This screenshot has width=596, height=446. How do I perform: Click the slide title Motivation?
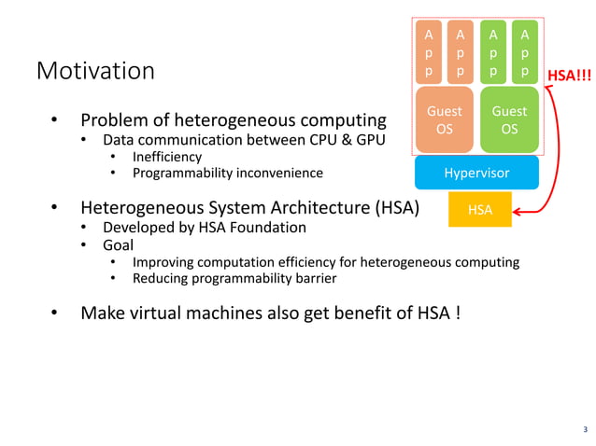click(x=95, y=71)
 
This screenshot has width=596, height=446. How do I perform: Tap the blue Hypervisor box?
click(x=476, y=173)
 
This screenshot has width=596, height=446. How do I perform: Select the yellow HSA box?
click(x=480, y=211)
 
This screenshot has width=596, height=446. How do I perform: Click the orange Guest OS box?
click(x=445, y=119)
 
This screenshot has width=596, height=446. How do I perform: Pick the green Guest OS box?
click(x=509, y=119)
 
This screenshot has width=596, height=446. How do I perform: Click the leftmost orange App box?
click(x=429, y=51)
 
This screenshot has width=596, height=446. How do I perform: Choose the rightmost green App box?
click(x=525, y=51)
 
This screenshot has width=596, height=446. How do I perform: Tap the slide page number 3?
click(x=585, y=430)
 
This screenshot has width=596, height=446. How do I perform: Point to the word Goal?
click(x=117, y=245)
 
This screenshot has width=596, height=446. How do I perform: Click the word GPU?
click(x=367, y=140)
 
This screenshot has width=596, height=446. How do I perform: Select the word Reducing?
click(x=164, y=278)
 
